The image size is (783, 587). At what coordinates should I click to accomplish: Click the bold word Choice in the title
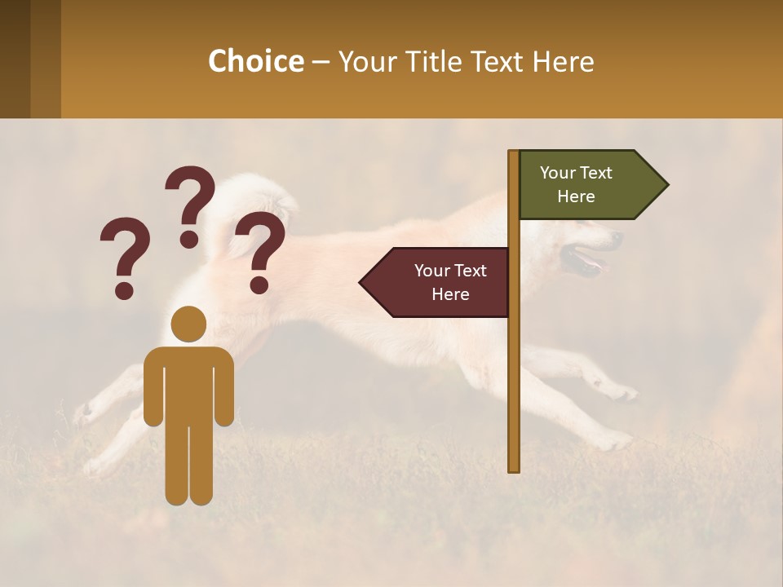tap(255, 61)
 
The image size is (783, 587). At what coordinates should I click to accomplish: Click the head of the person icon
tap(188, 324)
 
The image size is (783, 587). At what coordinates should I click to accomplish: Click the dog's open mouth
tap(589, 263)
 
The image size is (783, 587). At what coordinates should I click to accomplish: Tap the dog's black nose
tap(616, 237)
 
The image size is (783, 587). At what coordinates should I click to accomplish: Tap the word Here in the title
tap(563, 61)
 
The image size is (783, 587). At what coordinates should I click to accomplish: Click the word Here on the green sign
tap(576, 196)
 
